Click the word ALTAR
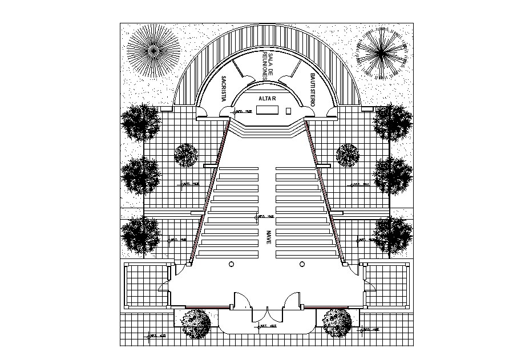tap(267, 99)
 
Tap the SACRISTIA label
tap(224, 88)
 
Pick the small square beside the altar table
tap(289, 110)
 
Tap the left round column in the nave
tap(231, 264)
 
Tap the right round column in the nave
tap(302, 264)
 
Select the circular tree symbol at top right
tap(381, 52)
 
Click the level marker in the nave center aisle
tap(264, 217)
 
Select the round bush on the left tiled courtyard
tap(185, 155)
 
